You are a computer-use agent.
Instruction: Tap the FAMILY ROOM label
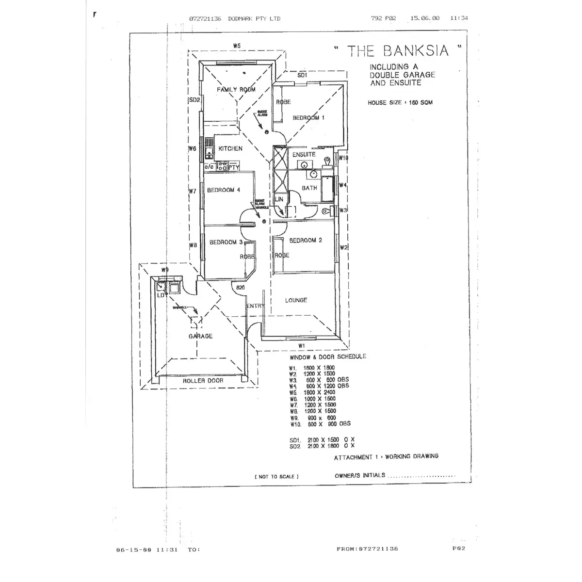pos(236,89)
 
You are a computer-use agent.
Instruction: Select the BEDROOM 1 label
pos(308,118)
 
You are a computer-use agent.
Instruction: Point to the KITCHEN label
pos(230,148)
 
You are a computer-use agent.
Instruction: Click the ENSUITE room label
pos(304,154)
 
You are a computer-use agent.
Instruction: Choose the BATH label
pos(309,188)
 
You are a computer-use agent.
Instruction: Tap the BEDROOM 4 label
pos(224,190)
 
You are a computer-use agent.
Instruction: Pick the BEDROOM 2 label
pos(306,240)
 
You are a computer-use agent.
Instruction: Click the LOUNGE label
pos(296,300)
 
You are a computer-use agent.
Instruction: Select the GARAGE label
pos(200,336)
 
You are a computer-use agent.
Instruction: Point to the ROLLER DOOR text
pos(203,381)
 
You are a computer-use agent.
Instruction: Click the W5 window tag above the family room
pos(237,46)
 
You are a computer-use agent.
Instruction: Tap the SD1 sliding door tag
pos(302,76)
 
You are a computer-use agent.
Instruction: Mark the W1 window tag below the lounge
pos(301,345)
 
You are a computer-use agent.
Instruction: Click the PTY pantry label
pos(234,167)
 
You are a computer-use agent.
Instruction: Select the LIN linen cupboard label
pos(279,199)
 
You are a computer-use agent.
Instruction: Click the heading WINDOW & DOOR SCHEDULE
pos(328,356)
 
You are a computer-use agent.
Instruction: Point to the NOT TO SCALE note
pos(276,477)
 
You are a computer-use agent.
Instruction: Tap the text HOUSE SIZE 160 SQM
pos(400,103)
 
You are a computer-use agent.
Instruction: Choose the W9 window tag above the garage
pos(165,270)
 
